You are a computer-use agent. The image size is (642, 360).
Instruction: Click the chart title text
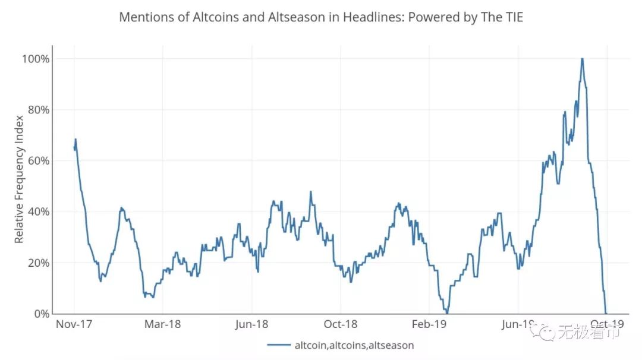(321, 17)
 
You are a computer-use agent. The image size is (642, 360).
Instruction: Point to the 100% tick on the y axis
(36, 59)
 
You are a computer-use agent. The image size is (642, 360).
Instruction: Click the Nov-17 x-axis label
(74, 324)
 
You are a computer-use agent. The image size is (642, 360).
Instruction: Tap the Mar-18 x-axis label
(162, 324)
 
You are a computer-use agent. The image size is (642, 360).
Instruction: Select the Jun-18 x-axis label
(252, 324)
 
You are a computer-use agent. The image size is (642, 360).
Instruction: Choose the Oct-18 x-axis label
(341, 324)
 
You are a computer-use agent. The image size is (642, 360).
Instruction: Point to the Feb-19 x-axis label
(429, 324)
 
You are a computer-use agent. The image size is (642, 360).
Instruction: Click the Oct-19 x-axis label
(608, 324)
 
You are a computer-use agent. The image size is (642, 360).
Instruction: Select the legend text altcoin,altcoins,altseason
(354, 345)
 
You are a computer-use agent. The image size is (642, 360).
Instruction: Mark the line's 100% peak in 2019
(582, 59)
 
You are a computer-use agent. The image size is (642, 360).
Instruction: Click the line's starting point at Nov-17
(74, 147)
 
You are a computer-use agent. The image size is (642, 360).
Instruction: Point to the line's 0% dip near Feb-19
(447, 312)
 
